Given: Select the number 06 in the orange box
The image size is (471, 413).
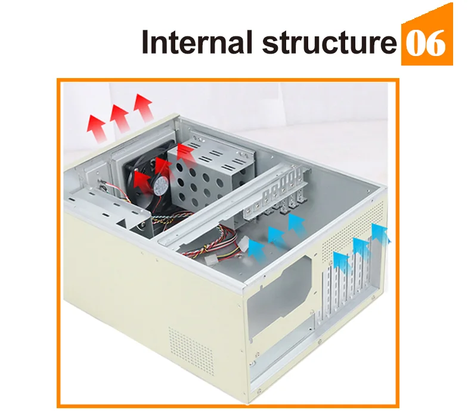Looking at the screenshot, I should coord(426,43).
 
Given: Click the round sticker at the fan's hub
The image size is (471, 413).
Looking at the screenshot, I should coord(159,185).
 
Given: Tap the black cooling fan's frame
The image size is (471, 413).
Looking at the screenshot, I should coord(140,179).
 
